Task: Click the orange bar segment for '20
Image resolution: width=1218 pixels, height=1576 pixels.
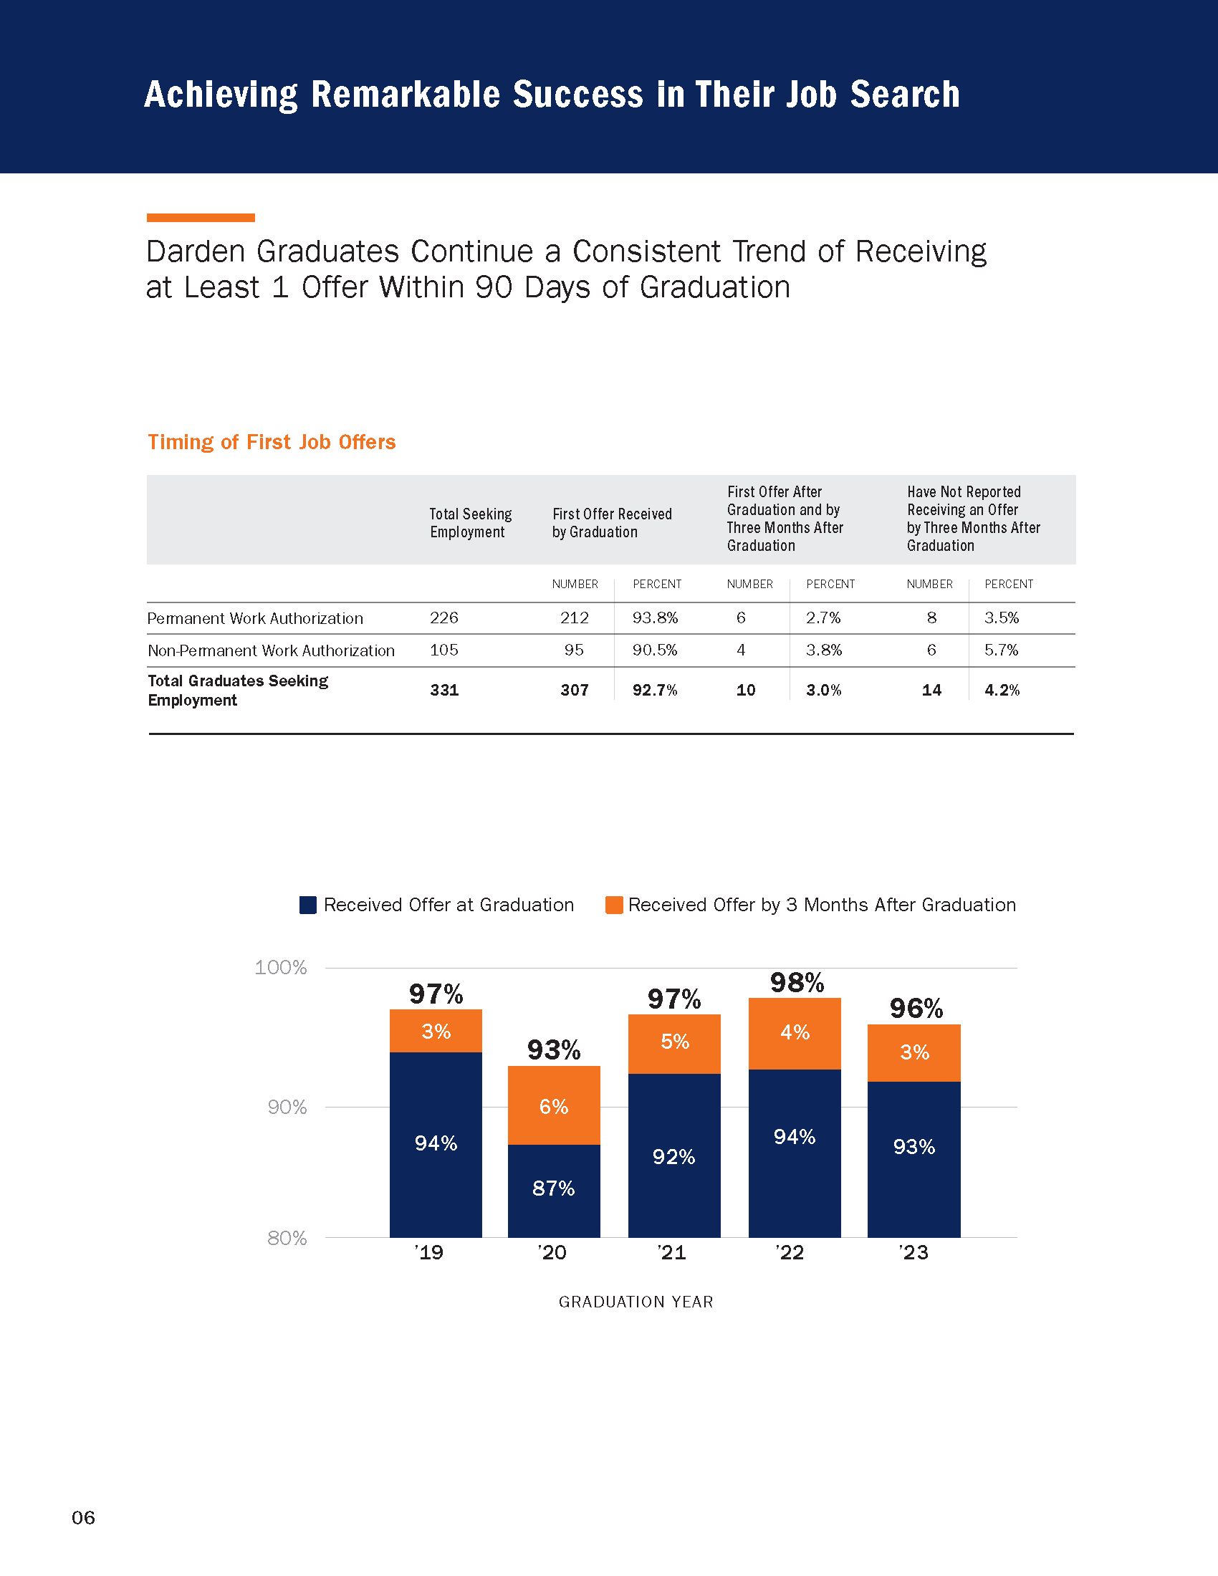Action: (x=553, y=1105)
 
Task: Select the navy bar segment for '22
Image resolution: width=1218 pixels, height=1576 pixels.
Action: (x=795, y=1153)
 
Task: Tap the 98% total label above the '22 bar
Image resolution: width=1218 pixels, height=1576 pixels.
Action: (x=797, y=982)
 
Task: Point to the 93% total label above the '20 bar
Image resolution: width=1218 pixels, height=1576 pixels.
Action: (x=553, y=1049)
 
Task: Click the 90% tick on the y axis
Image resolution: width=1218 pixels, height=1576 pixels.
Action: (x=287, y=1107)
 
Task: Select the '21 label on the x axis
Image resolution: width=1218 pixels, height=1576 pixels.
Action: (x=672, y=1252)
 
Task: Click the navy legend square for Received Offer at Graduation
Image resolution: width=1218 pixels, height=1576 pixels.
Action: (x=308, y=905)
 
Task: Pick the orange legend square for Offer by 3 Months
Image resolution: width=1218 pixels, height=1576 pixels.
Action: (x=614, y=905)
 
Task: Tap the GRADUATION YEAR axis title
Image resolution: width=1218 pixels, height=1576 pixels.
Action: (x=636, y=1301)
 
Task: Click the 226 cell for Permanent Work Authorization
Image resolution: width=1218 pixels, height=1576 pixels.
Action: (x=443, y=618)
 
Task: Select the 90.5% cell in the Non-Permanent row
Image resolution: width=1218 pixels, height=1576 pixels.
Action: (x=654, y=650)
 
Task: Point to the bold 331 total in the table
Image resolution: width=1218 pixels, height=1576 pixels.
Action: (x=443, y=690)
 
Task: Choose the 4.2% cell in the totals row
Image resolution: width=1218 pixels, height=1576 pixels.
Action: (x=1002, y=690)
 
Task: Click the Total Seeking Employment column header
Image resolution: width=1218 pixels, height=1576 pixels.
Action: (x=471, y=522)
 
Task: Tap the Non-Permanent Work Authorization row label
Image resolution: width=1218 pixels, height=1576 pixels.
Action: (x=271, y=650)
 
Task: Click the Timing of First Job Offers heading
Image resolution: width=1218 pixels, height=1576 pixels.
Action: (x=272, y=441)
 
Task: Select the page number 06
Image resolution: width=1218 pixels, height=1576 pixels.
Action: (x=83, y=1517)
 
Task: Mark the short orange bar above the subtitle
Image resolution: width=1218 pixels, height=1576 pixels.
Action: (x=201, y=217)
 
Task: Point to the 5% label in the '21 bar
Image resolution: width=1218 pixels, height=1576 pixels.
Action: (x=675, y=1042)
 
